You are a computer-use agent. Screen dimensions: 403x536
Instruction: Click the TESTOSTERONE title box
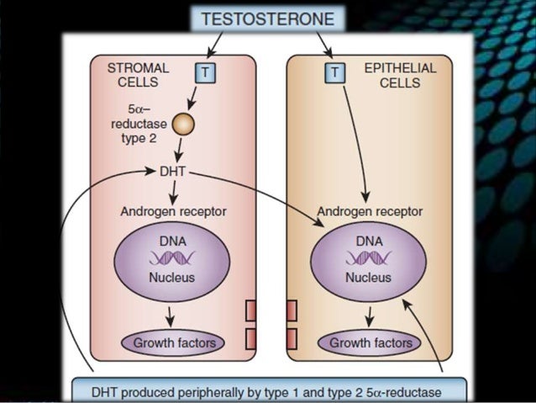point(267,19)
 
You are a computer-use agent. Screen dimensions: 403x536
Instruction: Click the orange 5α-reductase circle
point(183,125)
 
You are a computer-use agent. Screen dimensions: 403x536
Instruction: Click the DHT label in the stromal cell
point(172,172)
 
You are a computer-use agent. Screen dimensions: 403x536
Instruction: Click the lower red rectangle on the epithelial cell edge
point(292,339)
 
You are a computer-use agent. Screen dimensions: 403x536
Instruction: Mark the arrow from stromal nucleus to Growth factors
point(171,316)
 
